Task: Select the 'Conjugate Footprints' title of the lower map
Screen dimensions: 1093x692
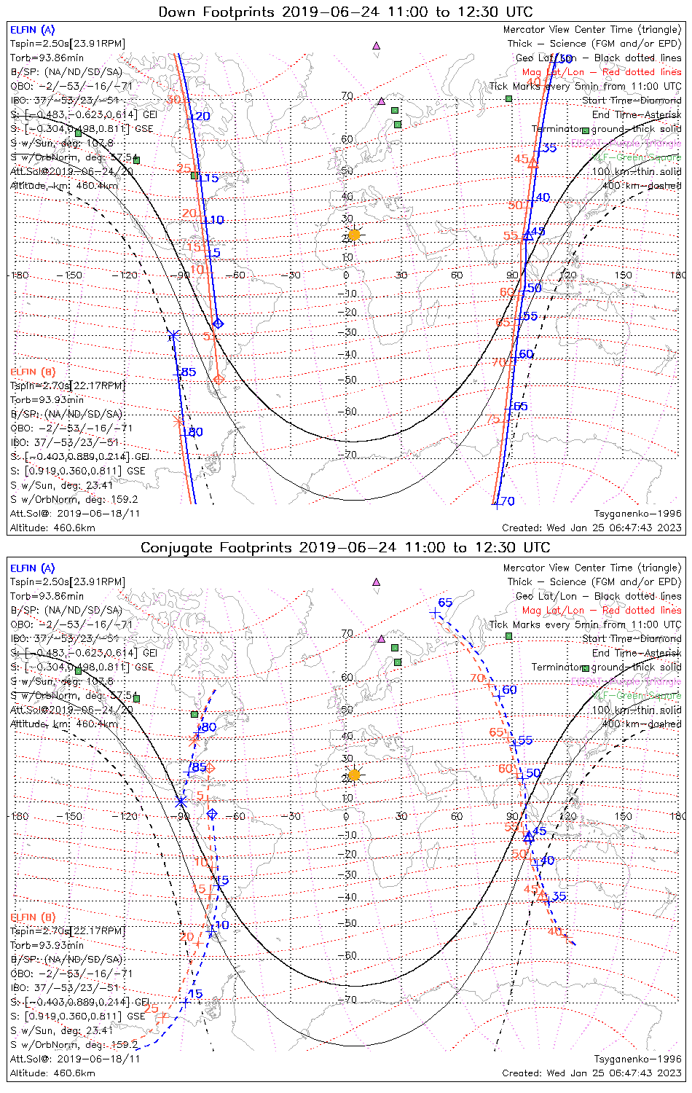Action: point(217,547)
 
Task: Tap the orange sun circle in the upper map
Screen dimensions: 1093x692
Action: point(354,235)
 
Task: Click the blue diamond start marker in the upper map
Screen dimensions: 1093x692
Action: point(218,324)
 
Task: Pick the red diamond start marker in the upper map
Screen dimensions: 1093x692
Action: point(219,379)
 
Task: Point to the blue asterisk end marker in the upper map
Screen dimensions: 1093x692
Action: point(173,335)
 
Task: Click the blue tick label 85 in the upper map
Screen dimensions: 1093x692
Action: point(188,372)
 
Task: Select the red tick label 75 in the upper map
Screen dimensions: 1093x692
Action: point(493,419)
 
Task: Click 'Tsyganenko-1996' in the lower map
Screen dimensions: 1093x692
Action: point(637,1059)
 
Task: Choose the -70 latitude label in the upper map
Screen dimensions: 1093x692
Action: point(350,455)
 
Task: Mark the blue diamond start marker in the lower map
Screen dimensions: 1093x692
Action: point(212,814)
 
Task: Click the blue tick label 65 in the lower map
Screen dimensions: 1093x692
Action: point(445,603)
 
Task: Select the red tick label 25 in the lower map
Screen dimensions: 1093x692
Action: point(151,1008)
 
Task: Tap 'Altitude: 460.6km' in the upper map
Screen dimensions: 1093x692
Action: point(52,528)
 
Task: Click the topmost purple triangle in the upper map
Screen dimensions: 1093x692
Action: point(377,45)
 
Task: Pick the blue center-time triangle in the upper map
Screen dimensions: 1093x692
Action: point(529,235)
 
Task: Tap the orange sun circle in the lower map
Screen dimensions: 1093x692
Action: point(354,775)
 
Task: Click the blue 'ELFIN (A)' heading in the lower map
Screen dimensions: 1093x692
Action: point(33,568)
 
